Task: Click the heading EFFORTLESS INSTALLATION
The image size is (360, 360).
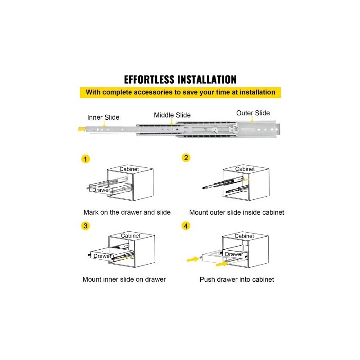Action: tap(180, 80)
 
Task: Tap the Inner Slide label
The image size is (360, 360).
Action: tap(103, 117)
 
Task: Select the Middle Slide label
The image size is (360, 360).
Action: tap(172, 115)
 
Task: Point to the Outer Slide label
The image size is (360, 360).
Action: tap(253, 113)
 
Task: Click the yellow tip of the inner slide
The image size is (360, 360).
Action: tap(82, 129)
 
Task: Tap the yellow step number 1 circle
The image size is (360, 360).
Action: tap(85, 159)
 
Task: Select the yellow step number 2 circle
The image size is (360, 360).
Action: tap(186, 158)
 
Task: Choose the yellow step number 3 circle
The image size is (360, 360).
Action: tap(85, 226)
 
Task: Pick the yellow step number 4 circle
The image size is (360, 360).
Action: tap(186, 226)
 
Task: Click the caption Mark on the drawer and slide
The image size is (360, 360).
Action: tap(127, 212)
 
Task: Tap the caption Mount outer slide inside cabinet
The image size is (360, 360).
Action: tap(237, 212)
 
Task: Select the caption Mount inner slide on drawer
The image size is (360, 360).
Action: tap(124, 279)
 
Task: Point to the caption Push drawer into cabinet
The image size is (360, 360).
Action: tap(237, 279)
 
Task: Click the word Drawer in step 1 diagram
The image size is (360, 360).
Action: tap(101, 190)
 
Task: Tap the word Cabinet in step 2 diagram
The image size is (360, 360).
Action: tap(245, 169)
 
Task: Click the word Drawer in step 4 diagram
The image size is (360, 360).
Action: tap(234, 254)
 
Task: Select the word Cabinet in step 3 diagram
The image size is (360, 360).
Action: tap(130, 236)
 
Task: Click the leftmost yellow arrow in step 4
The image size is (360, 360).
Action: tap(193, 259)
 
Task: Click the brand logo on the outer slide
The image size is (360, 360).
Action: tap(248, 130)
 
